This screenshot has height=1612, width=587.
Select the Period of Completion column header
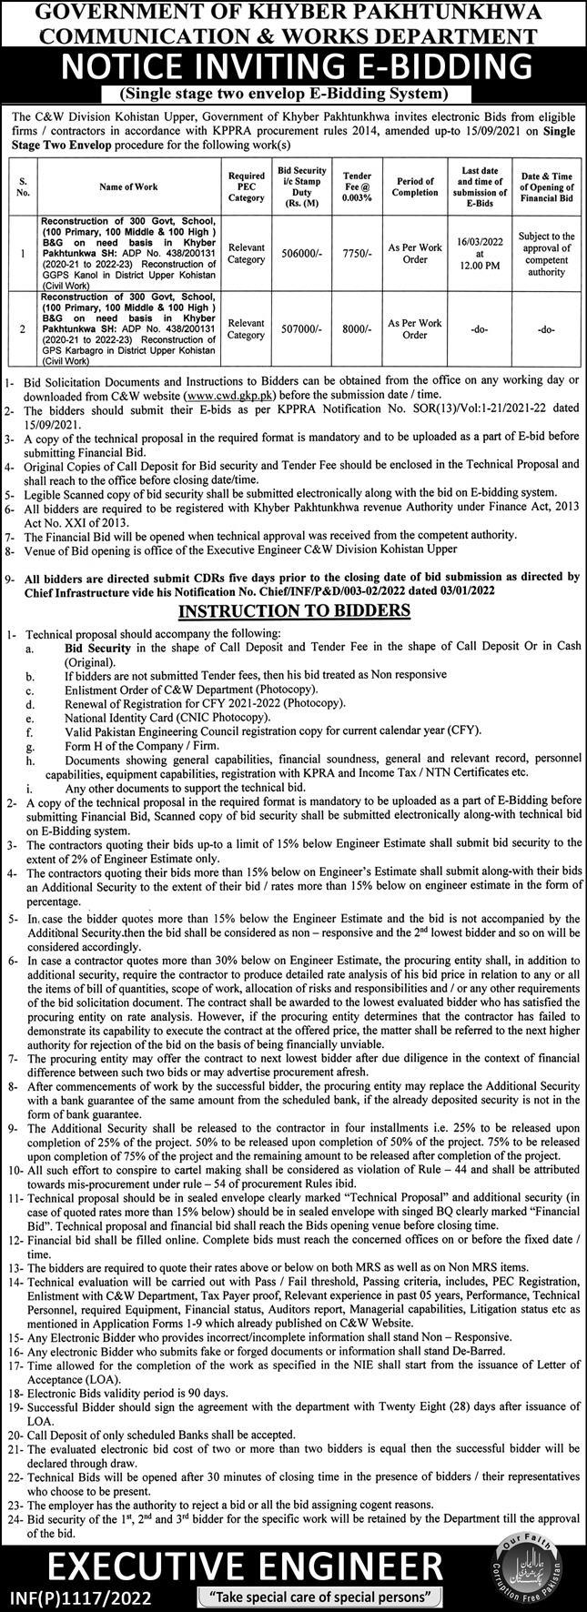pos(415,186)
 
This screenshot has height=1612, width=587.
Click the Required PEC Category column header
pos(245,186)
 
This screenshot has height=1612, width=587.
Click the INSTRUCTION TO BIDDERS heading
pos(293,610)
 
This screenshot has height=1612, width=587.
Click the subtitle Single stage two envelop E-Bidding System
pos(293,94)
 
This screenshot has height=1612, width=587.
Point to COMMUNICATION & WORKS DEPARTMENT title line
pos(293,35)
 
